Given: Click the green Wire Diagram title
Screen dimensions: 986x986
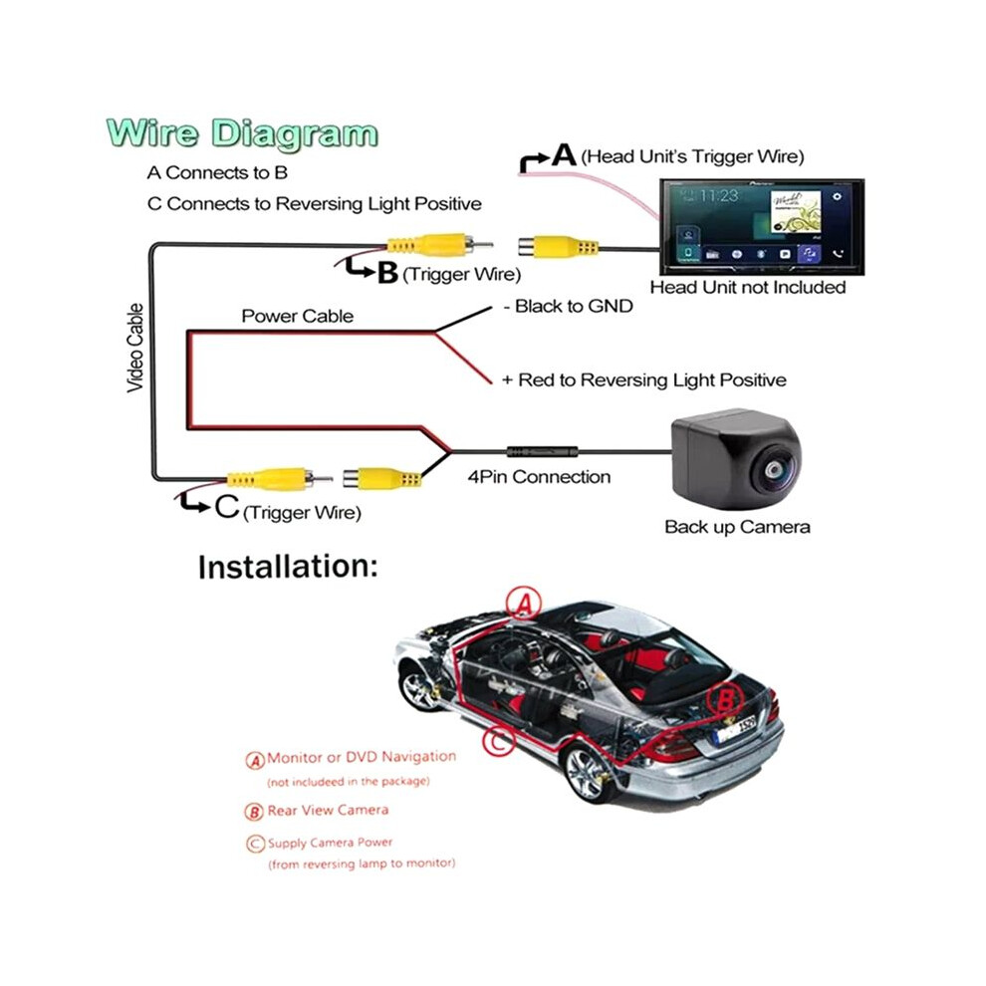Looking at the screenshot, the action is [242, 133].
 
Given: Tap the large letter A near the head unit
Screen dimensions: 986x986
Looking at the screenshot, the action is [564, 154].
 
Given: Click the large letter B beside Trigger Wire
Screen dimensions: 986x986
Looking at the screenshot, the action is [387, 273].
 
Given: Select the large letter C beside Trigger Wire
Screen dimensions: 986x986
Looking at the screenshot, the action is [226, 506].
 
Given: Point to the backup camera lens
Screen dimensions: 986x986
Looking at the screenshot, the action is [772, 470].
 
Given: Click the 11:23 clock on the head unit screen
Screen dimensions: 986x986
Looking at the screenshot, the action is [719, 196].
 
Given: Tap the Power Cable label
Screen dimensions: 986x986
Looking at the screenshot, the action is [298, 316].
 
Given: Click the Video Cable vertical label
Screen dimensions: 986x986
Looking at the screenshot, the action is [135, 349].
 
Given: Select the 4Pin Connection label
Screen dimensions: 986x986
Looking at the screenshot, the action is [539, 477].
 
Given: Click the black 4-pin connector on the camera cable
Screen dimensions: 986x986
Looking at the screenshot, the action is [542, 451].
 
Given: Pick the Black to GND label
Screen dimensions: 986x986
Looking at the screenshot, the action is [568, 306].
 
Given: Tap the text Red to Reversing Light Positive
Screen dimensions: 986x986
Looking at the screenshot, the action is [652, 380].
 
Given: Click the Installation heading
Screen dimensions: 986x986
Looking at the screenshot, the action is [288, 567].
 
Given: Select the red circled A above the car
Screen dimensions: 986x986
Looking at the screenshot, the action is [524, 603].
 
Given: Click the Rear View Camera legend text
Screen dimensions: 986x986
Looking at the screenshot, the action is [328, 810].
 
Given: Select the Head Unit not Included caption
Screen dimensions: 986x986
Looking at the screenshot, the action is [748, 288].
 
